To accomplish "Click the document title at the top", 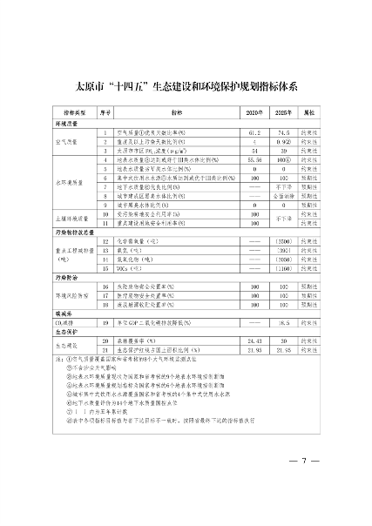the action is [186, 86].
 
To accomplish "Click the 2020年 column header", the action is [254, 113].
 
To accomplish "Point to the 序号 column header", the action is [106, 113].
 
